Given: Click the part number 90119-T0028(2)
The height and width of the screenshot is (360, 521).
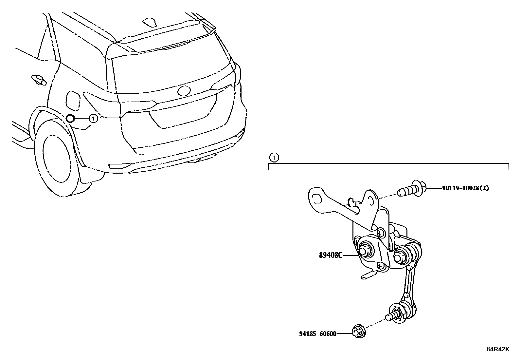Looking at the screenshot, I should coord(465,188).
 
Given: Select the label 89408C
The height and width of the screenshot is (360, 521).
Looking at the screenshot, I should coord(331,255).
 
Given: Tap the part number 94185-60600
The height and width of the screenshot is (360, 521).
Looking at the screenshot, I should coord(317,334).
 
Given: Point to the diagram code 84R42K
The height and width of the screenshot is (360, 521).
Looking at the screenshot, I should coord(497,349).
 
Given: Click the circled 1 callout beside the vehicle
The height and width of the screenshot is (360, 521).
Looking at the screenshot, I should coord(93,118).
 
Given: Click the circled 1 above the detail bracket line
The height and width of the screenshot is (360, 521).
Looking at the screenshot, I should coord(274,158).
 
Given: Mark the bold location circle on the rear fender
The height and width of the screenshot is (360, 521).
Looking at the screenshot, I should coord(70,119).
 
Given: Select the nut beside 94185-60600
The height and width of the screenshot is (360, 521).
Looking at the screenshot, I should coord(359,332).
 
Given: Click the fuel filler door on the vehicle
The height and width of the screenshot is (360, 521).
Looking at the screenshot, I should coord(72,99).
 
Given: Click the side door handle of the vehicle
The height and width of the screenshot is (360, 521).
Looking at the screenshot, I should coord(38,80).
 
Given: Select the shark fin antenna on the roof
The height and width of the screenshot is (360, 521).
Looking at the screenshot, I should coord(151,21).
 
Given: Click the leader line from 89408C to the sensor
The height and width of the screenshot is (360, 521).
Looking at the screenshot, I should coord(350,255).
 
